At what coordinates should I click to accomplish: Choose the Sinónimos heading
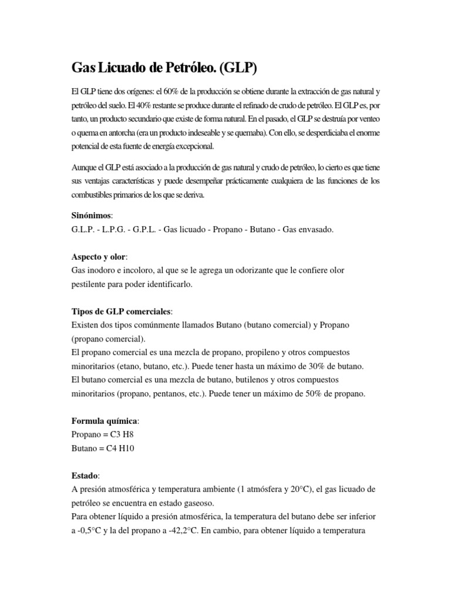(93, 216)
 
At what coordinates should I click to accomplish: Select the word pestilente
(92, 284)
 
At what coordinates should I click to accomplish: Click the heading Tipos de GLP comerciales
(122, 311)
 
